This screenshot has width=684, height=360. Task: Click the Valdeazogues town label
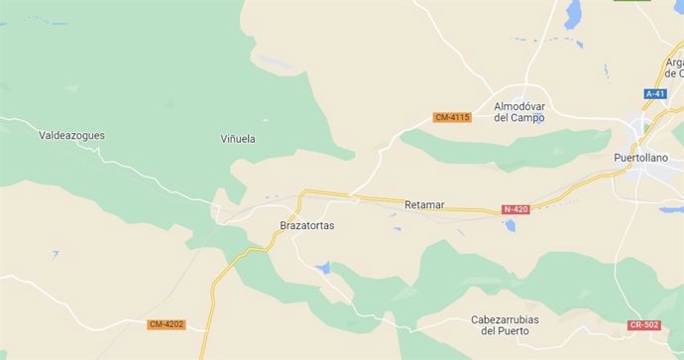tap(71, 135)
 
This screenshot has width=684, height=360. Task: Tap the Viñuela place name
tap(237, 139)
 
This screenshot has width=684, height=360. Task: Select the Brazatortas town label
tap(307, 225)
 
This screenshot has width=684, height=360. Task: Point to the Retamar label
tap(424, 205)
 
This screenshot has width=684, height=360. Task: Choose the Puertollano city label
tap(640, 158)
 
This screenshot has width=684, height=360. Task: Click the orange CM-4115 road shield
tap(452, 117)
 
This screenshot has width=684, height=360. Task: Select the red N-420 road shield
tap(515, 209)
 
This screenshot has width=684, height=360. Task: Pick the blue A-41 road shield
tap(655, 93)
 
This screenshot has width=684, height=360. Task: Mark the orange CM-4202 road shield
tap(166, 324)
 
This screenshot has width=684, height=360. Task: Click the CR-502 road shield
tap(643, 325)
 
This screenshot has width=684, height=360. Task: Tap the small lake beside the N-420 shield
tap(510, 225)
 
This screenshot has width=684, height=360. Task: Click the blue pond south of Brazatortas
tap(323, 268)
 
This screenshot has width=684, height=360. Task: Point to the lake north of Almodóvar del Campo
tap(573, 15)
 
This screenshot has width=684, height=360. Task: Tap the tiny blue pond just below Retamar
tap(398, 229)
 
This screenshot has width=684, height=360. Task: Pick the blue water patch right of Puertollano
tap(670, 209)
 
